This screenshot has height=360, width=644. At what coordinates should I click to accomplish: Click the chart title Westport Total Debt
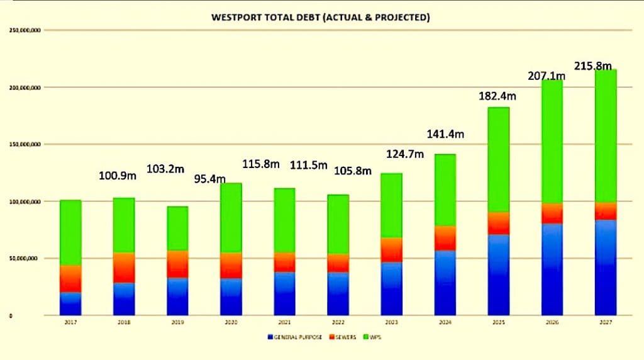321,18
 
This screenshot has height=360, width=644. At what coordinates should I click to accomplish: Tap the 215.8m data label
592,65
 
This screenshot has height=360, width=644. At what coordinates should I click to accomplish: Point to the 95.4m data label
210,179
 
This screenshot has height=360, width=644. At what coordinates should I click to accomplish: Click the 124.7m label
405,154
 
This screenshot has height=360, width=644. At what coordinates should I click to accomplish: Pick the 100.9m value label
118,175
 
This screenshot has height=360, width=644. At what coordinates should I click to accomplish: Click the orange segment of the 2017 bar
70,279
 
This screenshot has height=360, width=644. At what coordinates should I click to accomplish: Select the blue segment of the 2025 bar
498,274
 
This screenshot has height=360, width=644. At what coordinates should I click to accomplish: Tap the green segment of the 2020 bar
231,218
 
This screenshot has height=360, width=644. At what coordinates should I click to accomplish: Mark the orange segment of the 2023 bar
391,250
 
